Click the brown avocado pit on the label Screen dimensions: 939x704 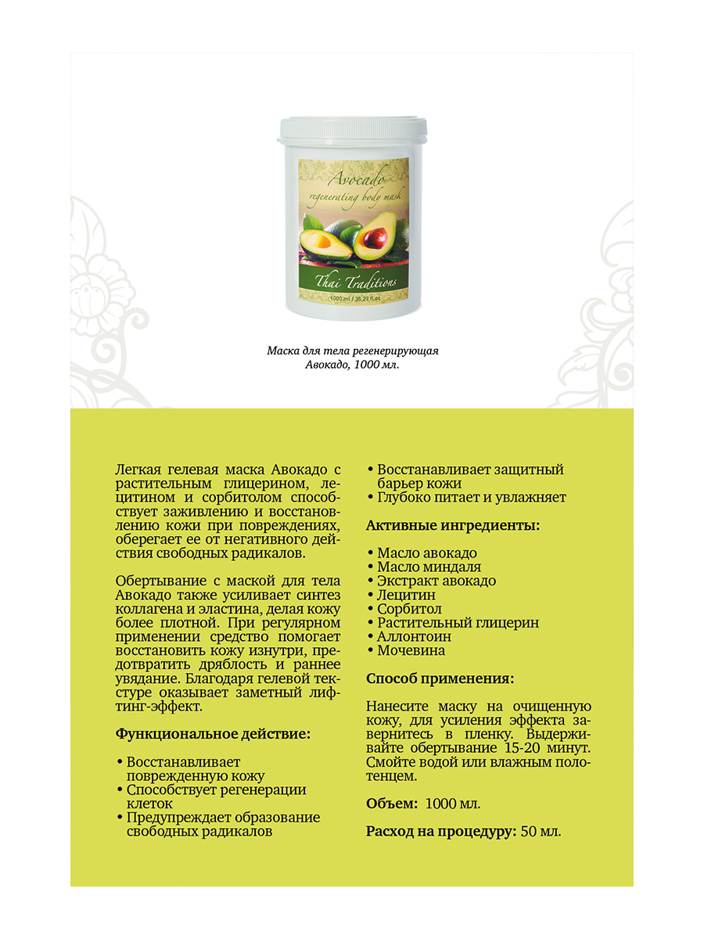[374, 236]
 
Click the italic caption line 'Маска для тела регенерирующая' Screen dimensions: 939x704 [352, 351]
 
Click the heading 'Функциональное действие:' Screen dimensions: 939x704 [213, 734]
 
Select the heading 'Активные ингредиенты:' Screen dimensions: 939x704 [452, 526]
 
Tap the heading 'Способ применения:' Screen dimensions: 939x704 [440, 678]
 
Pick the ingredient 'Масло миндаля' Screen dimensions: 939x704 [429, 567]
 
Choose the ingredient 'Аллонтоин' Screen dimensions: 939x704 [414, 636]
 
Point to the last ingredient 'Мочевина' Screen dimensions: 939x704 [411, 650]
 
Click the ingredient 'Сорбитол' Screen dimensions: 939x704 [409, 609]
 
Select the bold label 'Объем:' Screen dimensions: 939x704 [391, 804]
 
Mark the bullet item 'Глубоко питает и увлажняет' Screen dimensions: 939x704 [471, 498]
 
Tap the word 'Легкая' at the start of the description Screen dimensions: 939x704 [138, 470]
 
